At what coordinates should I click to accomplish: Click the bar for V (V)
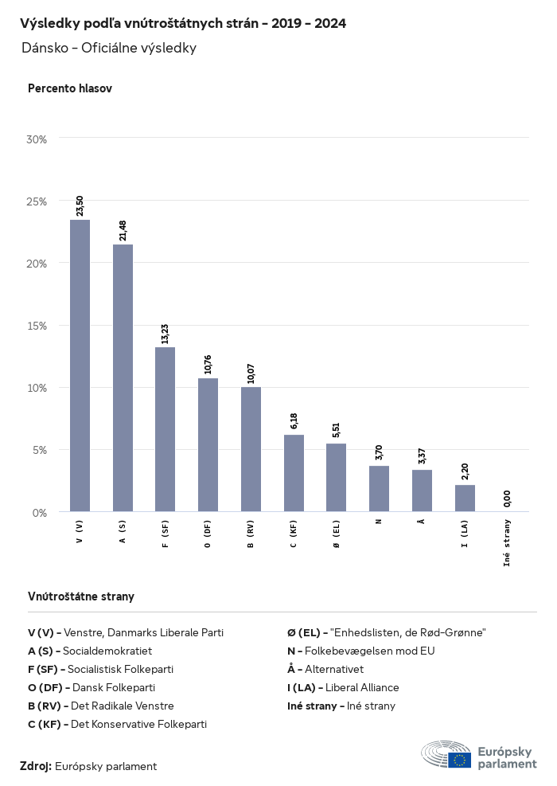80,366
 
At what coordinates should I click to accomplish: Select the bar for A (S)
123,377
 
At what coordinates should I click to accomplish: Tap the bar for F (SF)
165,429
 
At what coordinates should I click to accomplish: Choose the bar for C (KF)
294,473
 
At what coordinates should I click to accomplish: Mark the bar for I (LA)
465,498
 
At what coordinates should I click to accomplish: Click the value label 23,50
80,205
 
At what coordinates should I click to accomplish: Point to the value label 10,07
251,373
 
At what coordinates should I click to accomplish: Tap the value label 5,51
337,429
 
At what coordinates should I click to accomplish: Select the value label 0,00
508,499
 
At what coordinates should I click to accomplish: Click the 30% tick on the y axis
37,139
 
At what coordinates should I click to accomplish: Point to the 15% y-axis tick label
37,325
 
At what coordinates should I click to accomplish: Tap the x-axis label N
379,521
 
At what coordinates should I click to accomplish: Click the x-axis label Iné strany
508,542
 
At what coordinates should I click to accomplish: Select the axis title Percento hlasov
70,88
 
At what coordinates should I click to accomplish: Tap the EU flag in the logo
459,760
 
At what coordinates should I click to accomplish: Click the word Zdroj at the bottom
35,766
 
